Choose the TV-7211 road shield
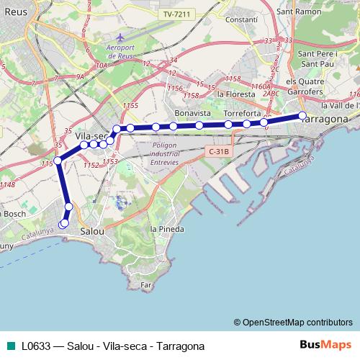click(x=176, y=14)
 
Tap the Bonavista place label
click(x=194, y=114)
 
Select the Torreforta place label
click(x=241, y=114)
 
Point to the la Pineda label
click(x=166, y=229)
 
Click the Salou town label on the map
click(x=92, y=232)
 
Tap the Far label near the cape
click(x=147, y=285)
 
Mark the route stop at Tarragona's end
click(x=302, y=116)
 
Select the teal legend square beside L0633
click(x=10, y=346)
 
